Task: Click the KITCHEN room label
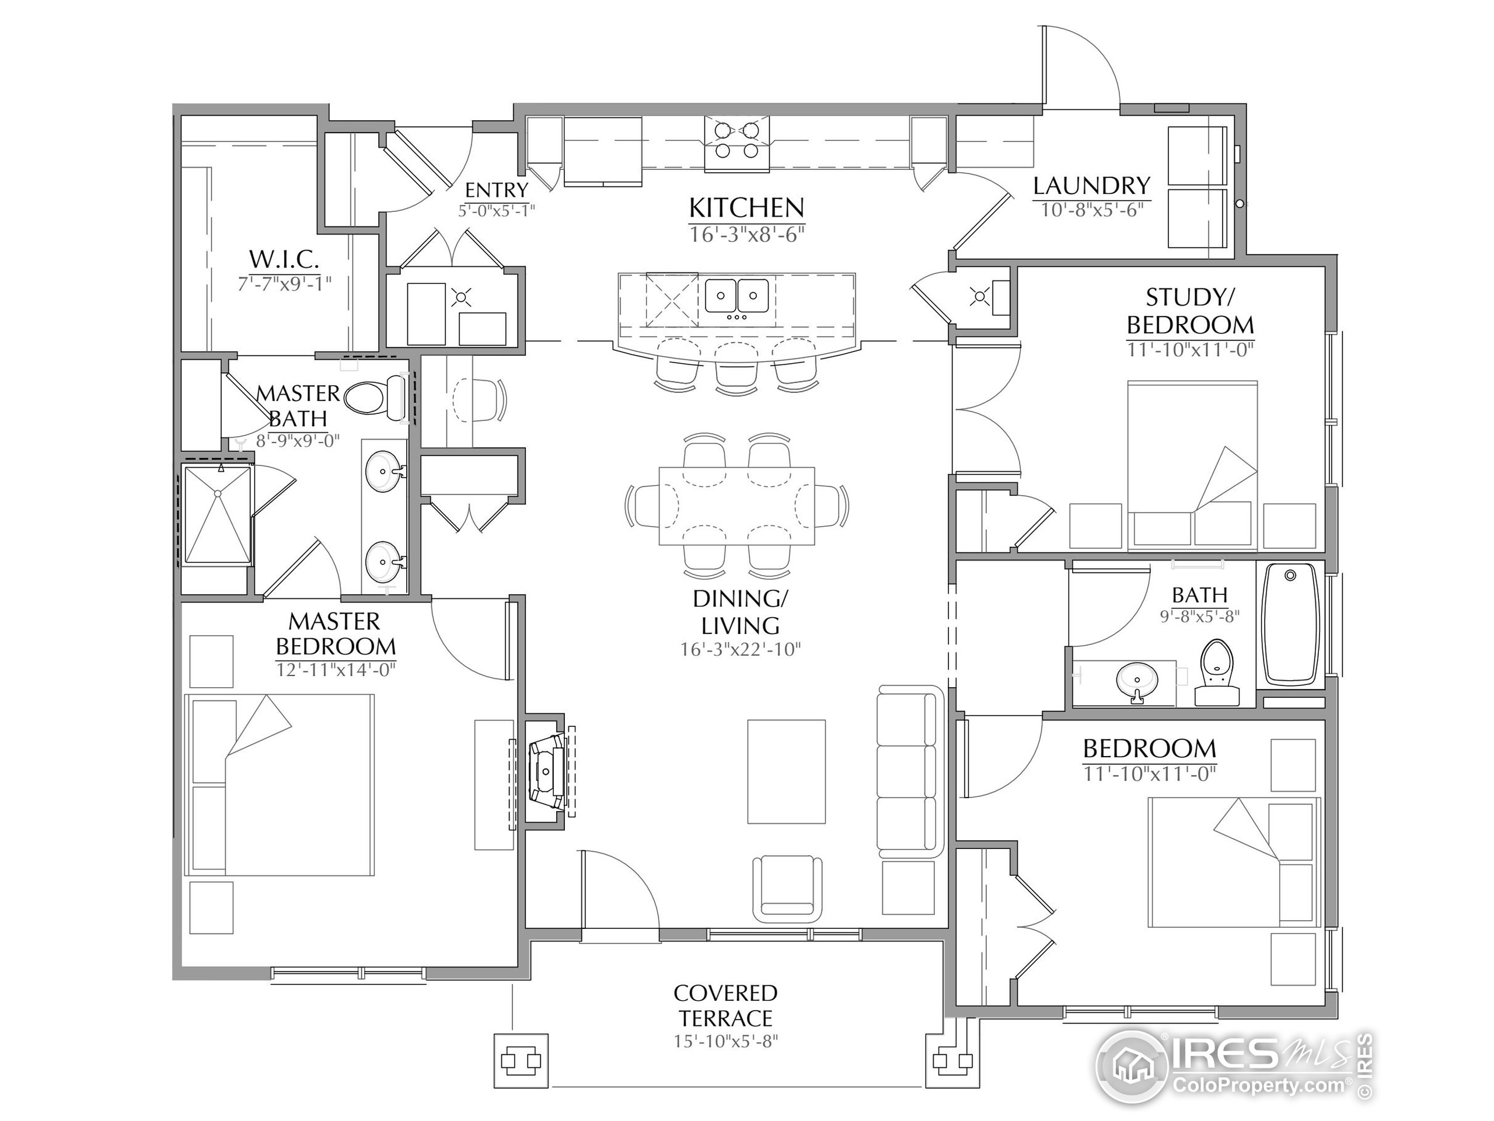click(x=746, y=207)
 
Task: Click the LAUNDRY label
click(x=1091, y=185)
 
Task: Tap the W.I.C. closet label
click(x=284, y=258)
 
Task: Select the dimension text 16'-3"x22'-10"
click(x=740, y=649)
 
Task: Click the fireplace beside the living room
click(x=547, y=770)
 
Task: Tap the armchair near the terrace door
click(x=787, y=888)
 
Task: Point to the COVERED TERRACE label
click(x=726, y=1005)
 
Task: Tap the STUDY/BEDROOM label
click(x=1190, y=312)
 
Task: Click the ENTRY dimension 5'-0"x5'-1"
click(x=497, y=210)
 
